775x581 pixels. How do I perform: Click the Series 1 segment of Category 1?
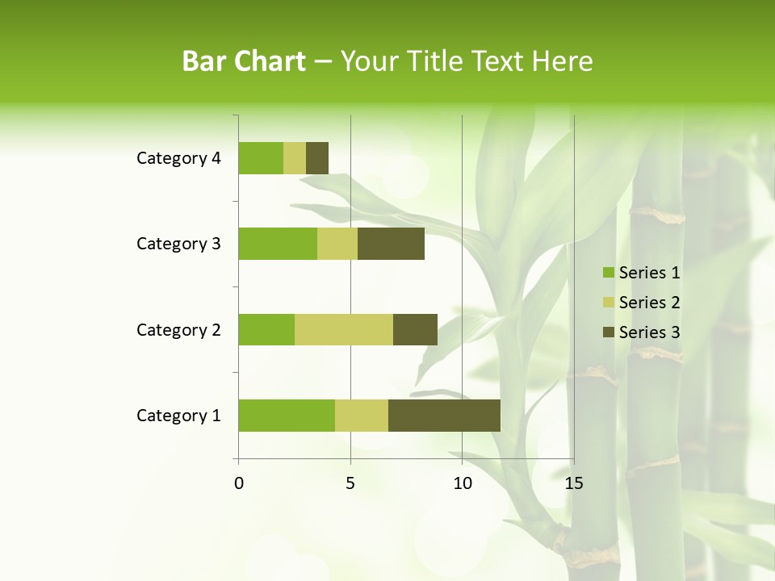click(x=287, y=416)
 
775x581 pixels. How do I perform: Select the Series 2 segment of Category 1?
click(x=362, y=416)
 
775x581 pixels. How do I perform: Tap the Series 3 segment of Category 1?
click(x=444, y=416)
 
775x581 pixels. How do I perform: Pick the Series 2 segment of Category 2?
click(x=344, y=329)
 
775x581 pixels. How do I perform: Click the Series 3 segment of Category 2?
click(x=415, y=329)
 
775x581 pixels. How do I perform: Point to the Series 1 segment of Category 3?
click(x=278, y=244)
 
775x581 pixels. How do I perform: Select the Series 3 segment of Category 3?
click(x=391, y=244)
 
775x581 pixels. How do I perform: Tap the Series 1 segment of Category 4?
click(x=261, y=158)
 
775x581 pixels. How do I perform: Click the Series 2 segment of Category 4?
click(x=295, y=158)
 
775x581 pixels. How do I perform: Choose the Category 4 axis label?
click(x=178, y=158)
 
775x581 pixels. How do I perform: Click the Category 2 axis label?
click(x=178, y=329)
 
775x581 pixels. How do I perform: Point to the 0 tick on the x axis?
click(x=239, y=483)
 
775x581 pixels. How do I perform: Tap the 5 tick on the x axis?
click(x=350, y=483)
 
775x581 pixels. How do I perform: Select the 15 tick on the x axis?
click(x=573, y=483)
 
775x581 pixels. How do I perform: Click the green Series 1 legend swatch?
click(x=608, y=273)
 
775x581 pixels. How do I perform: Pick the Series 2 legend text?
click(x=649, y=303)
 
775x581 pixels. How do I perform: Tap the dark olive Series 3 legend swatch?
click(x=608, y=332)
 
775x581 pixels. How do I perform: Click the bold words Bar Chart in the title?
click(x=244, y=61)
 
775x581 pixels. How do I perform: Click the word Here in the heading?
click(x=564, y=61)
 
